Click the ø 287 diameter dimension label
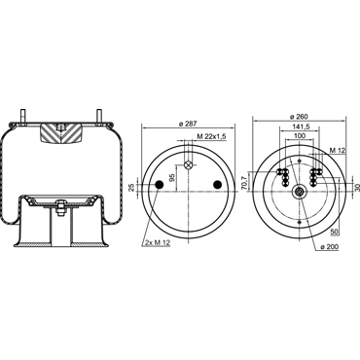[188, 124]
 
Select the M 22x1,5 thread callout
[211, 137]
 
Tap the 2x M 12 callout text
[158, 243]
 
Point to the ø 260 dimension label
[299, 117]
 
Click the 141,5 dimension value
[301, 126]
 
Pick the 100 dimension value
[300, 135]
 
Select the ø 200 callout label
[330, 247]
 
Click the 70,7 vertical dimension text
[245, 181]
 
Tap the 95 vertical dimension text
[172, 177]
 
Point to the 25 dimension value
[131, 188]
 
